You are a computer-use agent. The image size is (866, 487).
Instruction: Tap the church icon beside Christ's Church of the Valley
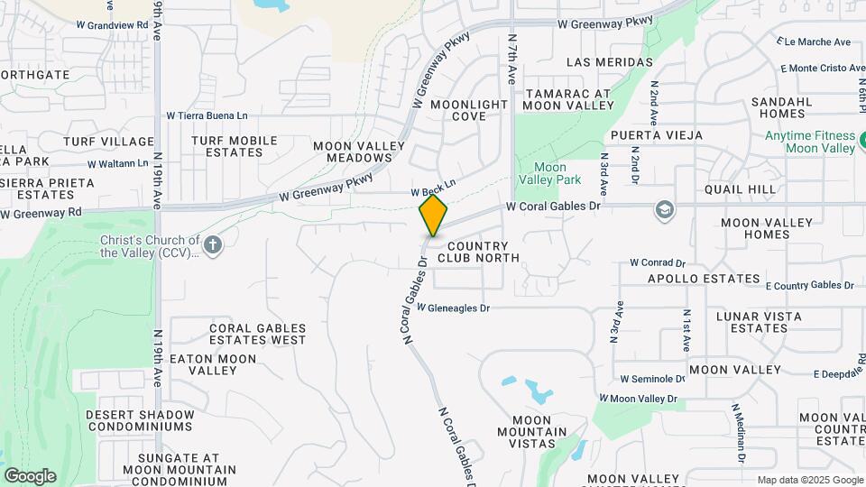coord(212,245)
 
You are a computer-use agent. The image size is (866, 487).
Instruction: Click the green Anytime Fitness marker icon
coord(862,141)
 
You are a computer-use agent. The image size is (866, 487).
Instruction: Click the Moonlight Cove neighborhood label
coord(469,110)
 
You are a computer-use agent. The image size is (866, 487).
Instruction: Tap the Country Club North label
coord(478,252)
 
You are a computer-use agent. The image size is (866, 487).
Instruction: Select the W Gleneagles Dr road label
coord(453,308)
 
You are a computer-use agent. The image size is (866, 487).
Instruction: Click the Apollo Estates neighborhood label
coord(704,279)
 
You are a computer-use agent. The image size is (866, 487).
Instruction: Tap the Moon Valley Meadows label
coord(352,152)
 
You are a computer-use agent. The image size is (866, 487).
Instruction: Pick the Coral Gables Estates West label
coord(257,334)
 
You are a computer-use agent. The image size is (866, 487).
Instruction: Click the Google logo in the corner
coord(30,475)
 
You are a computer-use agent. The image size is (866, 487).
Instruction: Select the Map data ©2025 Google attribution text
coord(809,480)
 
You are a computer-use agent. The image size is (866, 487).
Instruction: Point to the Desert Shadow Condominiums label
coord(140,420)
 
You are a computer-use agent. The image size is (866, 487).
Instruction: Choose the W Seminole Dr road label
coord(647,379)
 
